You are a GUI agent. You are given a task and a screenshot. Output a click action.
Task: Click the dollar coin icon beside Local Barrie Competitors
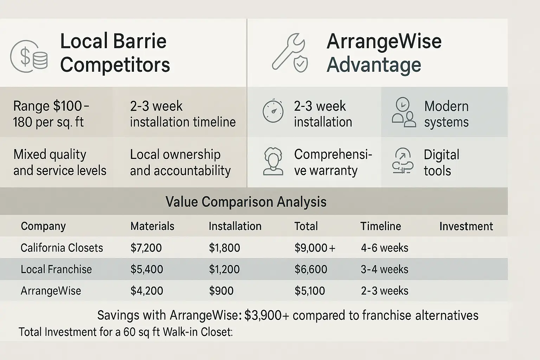[x=29, y=56]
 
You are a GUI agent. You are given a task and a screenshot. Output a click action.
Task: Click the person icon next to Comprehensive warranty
[x=273, y=161]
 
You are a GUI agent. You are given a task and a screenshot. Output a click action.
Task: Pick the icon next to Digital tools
[x=403, y=161]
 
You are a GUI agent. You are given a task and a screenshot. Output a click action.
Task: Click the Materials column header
[x=152, y=226]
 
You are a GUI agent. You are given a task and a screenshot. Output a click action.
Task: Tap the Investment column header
[x=466, y=226]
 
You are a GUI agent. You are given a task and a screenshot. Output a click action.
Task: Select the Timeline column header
[x=381, y=226]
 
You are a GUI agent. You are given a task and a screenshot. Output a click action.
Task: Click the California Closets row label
[x=62, y=247]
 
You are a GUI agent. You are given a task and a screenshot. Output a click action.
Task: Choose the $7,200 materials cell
[x=146, y=248]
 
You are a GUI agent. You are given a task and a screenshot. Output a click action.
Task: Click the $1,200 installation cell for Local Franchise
[x=224, y=269]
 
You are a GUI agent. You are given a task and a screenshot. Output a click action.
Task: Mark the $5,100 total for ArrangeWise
[x=310, y=291]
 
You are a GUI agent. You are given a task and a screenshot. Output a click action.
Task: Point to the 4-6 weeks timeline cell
[x=385, y=248]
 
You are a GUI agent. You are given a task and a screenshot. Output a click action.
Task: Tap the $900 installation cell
[x=221, y=291]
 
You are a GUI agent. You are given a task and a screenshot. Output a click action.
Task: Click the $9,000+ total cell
[x=315, y=248]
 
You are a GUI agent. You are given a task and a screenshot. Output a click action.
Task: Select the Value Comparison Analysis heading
[x=246, y=201]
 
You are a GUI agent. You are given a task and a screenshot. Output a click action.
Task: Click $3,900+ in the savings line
[x=266, y=315]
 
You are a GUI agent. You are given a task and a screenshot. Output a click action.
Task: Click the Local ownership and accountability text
[x=180, y=162]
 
